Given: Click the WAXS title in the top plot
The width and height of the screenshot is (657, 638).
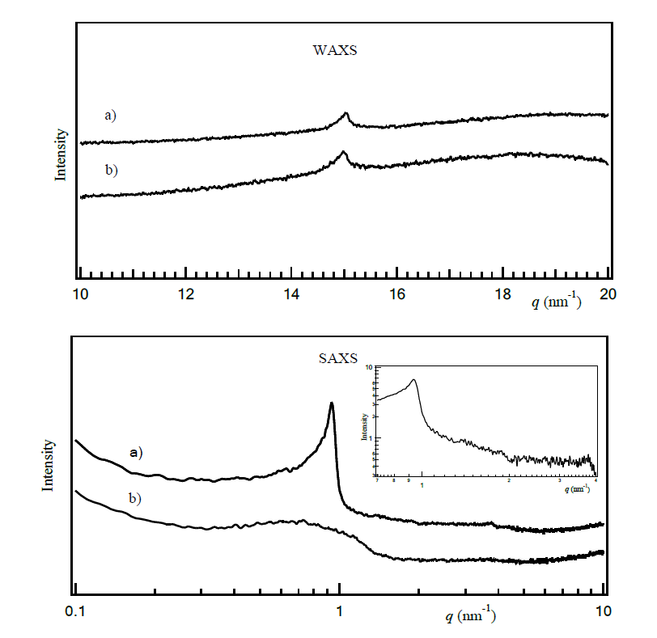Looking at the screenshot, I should (334, 50).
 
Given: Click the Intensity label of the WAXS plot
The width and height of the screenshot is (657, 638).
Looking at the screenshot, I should (60, 154).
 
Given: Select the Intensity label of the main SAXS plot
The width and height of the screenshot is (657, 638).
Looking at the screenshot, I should (47, 465).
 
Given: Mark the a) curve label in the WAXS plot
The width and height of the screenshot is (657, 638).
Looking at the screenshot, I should (110, 116).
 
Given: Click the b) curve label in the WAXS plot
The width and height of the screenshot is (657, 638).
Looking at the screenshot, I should (110, 170).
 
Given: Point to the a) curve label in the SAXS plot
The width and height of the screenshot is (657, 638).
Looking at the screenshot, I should (136, 452).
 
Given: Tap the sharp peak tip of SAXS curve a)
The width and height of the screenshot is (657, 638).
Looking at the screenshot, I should (331, 404).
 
